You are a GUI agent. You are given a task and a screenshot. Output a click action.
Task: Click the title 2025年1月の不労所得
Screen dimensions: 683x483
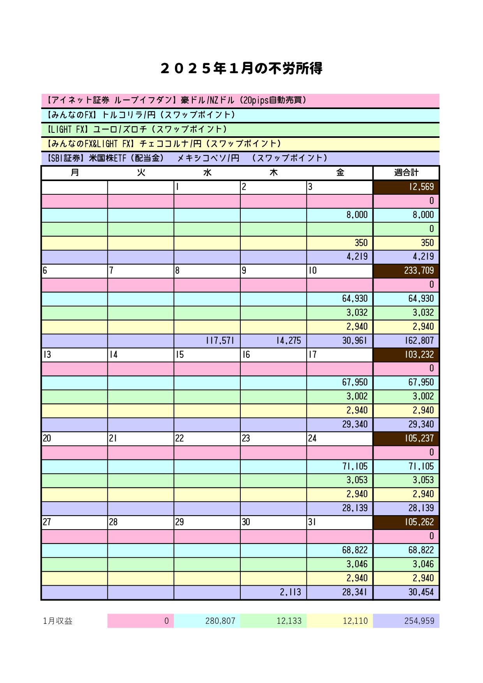point(241,69)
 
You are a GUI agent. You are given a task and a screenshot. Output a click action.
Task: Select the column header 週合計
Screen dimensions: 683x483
point(406,173)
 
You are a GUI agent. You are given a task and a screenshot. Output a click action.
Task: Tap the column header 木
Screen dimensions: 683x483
point(273,173)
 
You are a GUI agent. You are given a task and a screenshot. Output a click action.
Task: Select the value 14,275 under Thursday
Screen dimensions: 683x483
point(289,341)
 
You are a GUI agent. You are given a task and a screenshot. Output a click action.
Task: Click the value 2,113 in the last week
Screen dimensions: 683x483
point(290,592)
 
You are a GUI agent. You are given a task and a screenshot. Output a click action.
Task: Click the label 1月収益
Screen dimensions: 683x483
point(58,621)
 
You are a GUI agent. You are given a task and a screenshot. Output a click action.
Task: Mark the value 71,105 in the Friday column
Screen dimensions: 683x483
point(355,466)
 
